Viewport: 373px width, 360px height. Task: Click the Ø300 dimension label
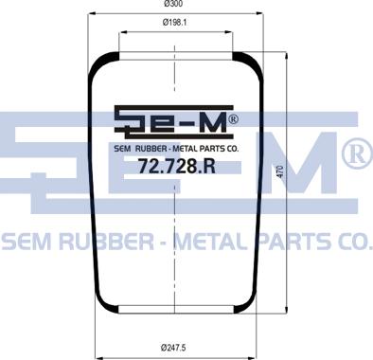pos(174,4)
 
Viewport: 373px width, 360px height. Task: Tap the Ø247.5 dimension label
pos(173,348)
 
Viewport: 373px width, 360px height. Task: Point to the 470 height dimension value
pos(280,171)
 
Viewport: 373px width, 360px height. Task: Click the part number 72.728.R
pos(177,166)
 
